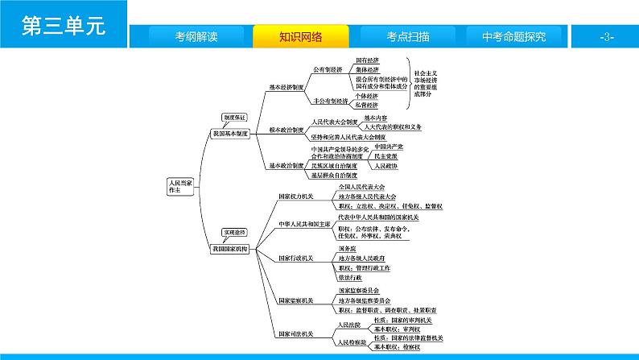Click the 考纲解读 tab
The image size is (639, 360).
tap(196, 36)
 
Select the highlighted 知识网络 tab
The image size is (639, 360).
tap(301, 36)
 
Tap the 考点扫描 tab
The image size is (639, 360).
tap(406, 36)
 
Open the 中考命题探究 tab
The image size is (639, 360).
tap(513, 36)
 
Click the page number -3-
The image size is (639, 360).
tap(607, 37)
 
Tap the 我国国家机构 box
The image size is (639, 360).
tap(231, 249)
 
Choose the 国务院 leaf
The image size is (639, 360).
tap(346, 249)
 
